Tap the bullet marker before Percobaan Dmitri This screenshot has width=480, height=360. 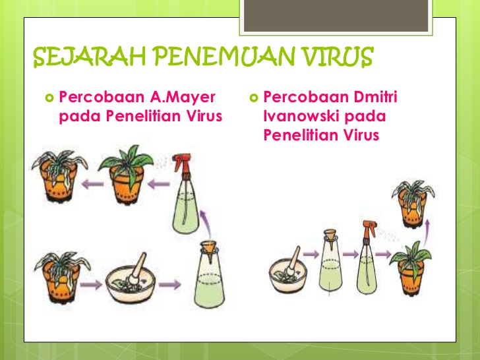[255, 98]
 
